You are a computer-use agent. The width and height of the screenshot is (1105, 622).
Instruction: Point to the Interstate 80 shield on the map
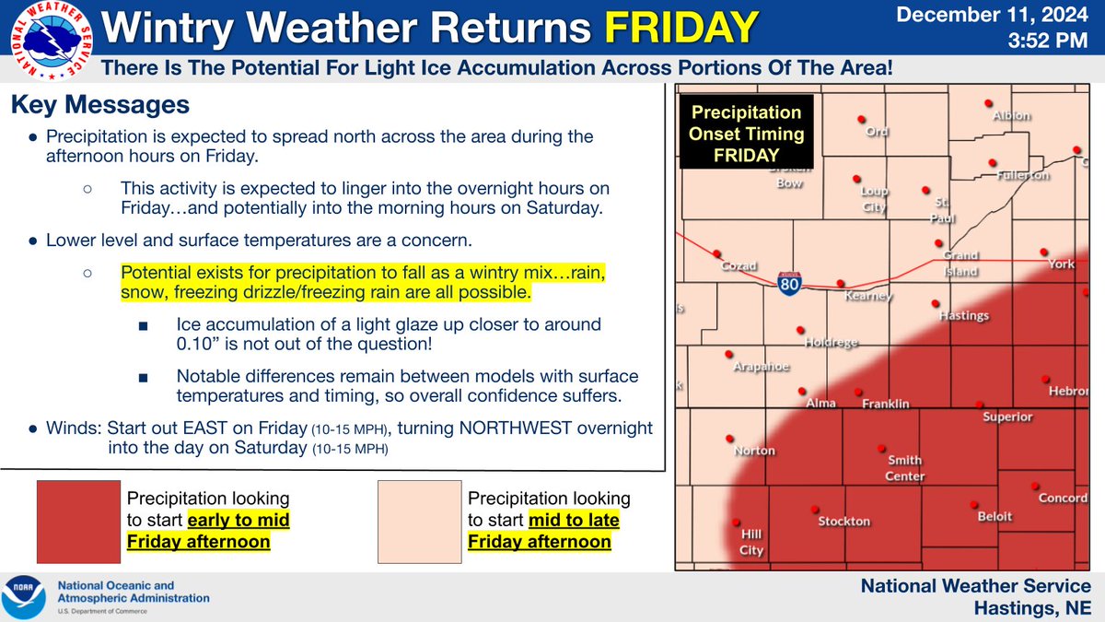coord(787,284)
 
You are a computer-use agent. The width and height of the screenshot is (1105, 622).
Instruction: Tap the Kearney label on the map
coord(869,297)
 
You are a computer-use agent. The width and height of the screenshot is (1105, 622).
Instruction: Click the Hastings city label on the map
coord(963,315)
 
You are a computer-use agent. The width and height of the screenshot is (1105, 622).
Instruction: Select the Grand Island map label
coord(959,264)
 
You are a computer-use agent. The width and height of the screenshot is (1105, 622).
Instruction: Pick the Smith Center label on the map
coord(905,468)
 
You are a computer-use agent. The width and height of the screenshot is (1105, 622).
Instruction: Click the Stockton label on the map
coord(843,522)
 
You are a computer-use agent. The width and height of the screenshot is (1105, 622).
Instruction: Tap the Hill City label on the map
coord(751,542)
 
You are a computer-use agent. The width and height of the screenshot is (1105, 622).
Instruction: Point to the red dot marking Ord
coord(863,119)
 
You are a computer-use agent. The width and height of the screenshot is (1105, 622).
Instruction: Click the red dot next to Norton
coord(729,439)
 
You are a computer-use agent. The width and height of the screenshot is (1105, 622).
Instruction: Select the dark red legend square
coord(78,522)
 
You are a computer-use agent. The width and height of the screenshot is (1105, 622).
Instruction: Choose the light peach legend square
coord(419,522)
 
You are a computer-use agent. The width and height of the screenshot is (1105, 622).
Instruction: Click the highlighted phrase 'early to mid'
coord(238,521)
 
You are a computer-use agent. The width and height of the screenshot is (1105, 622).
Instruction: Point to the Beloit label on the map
coord(994,517)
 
